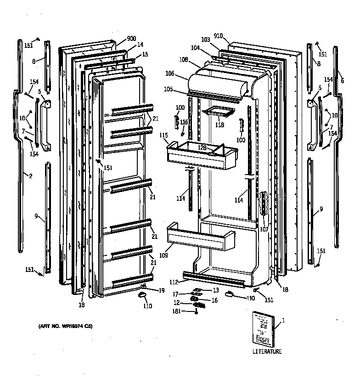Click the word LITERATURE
267,351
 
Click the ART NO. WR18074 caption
65,327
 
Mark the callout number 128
202,147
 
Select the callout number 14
140,45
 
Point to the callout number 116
184,122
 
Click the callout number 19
162,290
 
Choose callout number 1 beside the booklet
283,321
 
